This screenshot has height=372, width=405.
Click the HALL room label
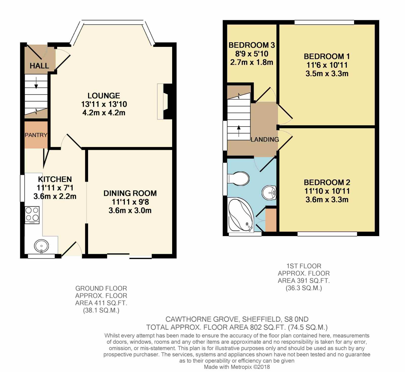[39, 66]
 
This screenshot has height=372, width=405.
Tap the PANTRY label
[36, 135]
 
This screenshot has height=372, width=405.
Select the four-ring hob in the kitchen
[32, 215]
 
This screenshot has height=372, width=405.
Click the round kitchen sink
[42, 245]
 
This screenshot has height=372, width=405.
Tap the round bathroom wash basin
[269, 193]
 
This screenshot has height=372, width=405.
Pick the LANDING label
[265, 139]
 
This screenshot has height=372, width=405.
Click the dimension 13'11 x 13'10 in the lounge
[104, 104]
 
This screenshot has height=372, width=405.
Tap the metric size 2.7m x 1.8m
[252, 62]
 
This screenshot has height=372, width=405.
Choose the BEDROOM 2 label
[327, 182]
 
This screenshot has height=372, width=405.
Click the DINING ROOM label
[130, 193]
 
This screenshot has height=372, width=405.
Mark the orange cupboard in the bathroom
[271, 220]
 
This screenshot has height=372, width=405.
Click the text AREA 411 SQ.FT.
[101, 303]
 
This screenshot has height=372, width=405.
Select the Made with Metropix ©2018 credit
[237, 367]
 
